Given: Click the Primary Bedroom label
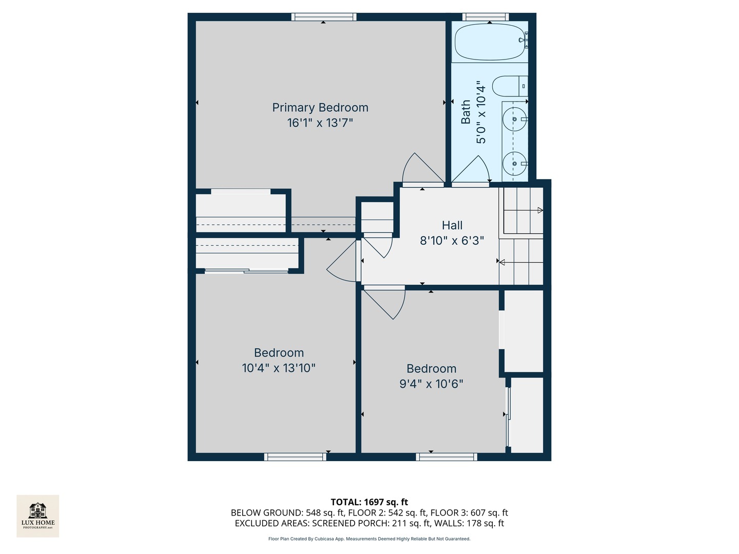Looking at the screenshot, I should [x=320, y=108].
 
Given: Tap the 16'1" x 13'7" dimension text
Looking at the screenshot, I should [x=320, y=123].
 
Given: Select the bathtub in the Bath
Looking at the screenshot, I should [x=490, y=42].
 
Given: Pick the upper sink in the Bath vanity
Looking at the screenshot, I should [x=514, y=120].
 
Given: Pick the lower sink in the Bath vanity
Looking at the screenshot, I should [x=514, y=164].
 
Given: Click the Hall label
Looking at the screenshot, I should [x=452, y=225].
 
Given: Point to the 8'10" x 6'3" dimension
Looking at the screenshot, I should [x=452, y=241].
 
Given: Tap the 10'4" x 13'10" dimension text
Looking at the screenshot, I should [x=278, y=368].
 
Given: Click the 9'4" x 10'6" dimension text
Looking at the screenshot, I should [x=431, y=384].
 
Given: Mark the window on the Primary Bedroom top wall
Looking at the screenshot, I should [x=323, y=17].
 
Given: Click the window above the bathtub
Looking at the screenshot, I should [x=485, y=17].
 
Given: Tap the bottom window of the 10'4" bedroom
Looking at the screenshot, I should [x=296, y=457].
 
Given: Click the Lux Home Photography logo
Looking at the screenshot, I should [x=38, y=516].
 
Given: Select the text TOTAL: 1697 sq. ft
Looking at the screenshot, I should [x=369, y=502].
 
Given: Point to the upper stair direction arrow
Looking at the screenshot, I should [x=539, y=210].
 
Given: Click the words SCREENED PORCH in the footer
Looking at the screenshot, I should [x=349, y=523].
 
